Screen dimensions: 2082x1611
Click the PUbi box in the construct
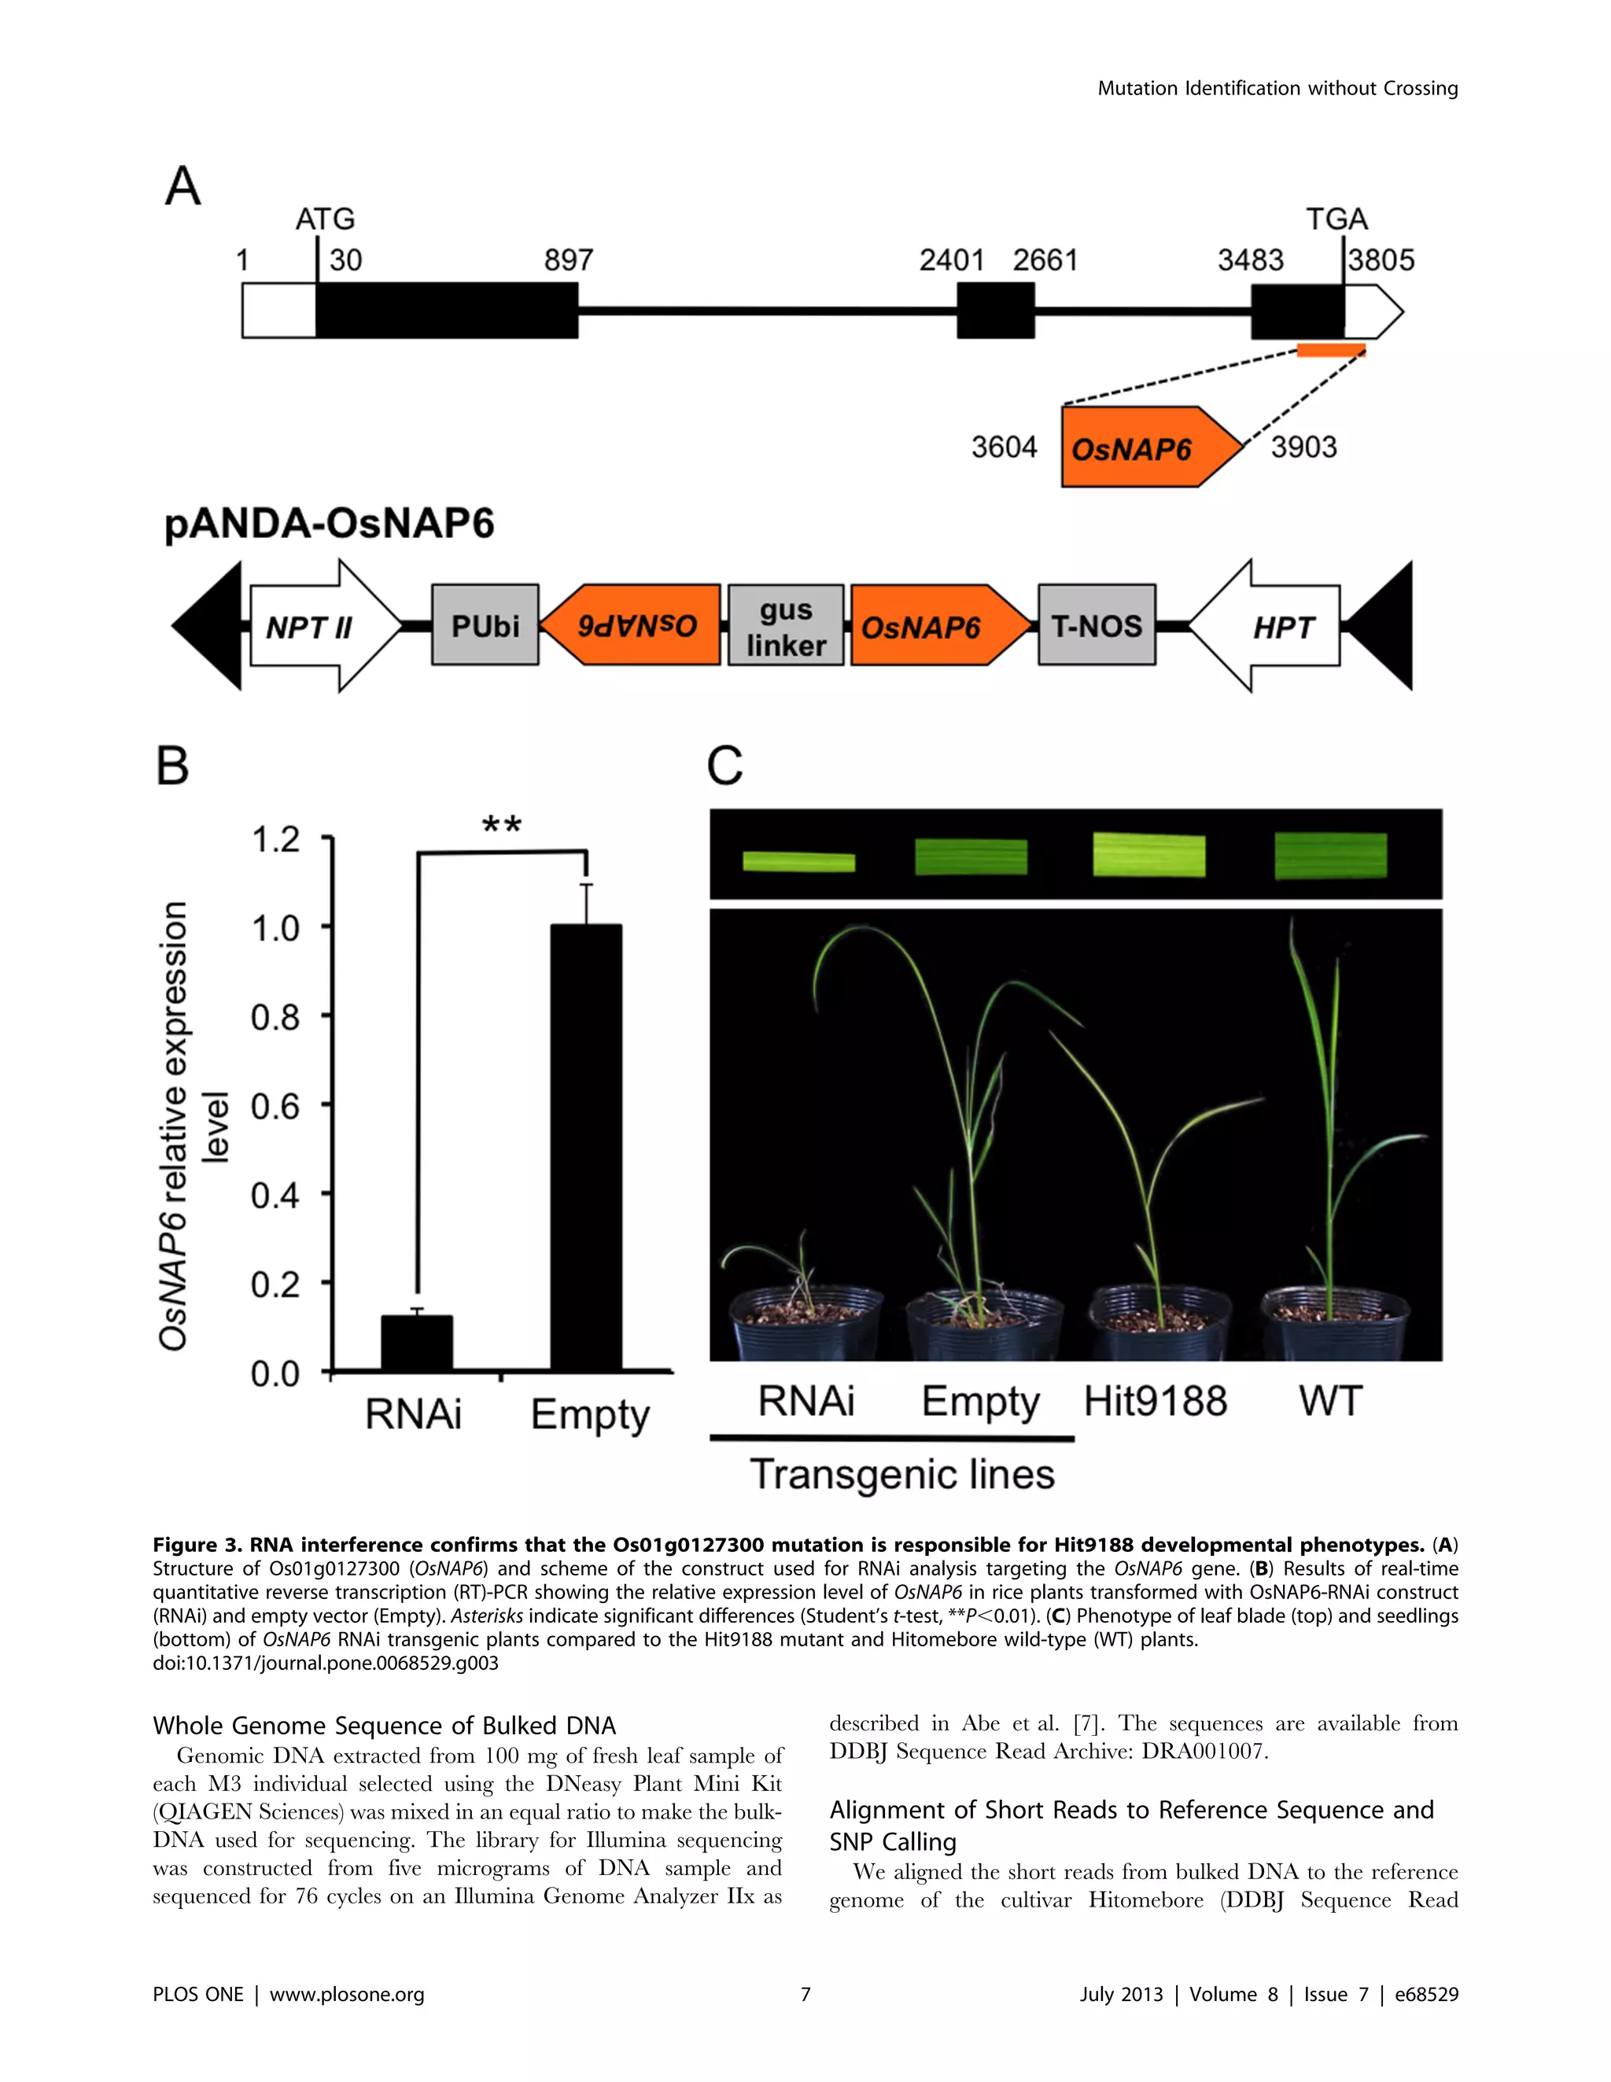click(485, 625)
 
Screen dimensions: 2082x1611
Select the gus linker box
click(786, 626)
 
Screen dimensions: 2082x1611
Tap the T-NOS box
click(1097, 625)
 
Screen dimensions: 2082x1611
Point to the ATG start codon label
click(325, 219)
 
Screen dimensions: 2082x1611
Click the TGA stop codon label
click(1336, 219)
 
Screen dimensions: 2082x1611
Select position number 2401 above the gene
click(951, 260)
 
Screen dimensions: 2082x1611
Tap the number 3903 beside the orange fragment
click(1303, 446)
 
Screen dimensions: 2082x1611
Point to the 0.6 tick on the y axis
click(275, 1106)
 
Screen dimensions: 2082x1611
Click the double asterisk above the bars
click(501, 824)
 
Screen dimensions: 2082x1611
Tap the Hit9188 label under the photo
click(1156, 1402)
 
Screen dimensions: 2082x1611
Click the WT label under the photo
click(1331, 1402)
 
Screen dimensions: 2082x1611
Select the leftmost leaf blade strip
click(799, 862)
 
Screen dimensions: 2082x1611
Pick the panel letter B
click(172, 765)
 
